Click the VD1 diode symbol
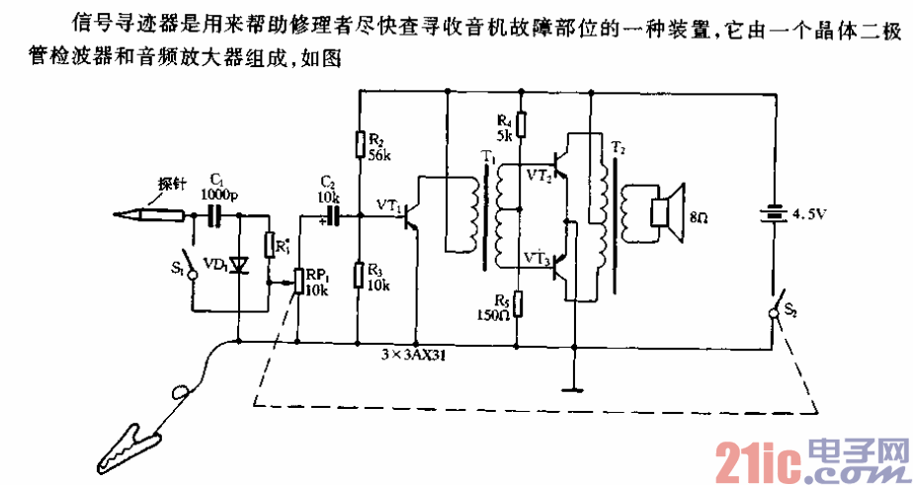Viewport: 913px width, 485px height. [x=237, y=265]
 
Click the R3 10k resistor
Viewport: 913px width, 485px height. [x=360, y=272]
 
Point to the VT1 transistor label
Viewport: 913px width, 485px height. [x=388, y=205]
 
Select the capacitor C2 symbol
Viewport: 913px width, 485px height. [x=334, y=213]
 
